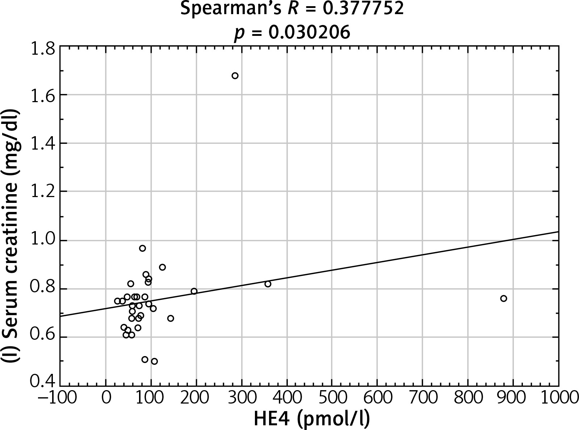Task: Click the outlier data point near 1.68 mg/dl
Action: coord(235,76)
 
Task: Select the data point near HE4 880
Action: coord(503,299)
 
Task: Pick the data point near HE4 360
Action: coord(268,284)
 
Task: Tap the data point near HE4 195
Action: coord(194,291)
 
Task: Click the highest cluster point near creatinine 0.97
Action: coord(142,248)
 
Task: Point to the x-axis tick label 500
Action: coord(332,398)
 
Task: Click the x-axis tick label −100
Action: coord(58,398)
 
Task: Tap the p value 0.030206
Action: coord(309,33)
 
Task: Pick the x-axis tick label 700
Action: coord(423,398)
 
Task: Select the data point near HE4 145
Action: coord(171,318)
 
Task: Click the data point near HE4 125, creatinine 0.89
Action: coord(162,267)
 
